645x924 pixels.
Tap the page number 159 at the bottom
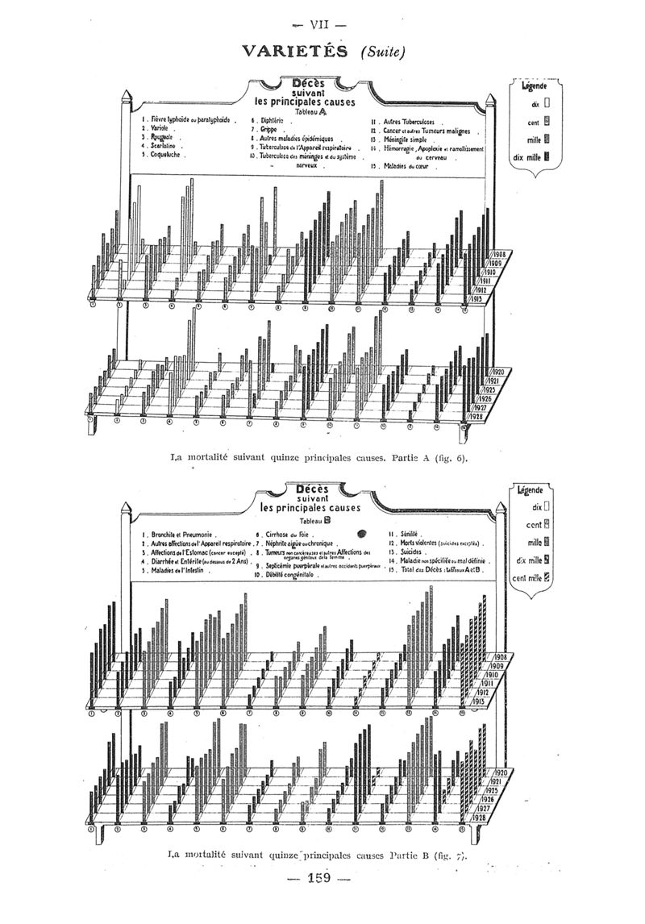pos(320,878)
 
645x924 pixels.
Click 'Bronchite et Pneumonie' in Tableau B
pos(180,535)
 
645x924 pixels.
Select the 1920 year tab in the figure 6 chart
pos(497,372)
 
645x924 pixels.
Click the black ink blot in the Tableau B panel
pos(362,532)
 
